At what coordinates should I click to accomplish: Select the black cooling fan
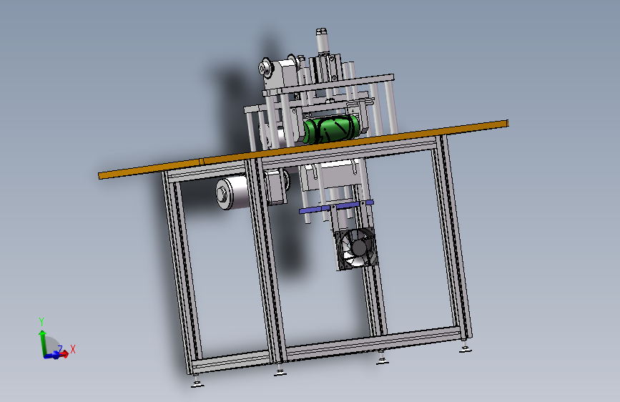[x=356, y=249]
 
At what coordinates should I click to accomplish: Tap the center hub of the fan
[x=359, y=248]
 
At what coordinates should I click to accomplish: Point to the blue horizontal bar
[x=336, y=207]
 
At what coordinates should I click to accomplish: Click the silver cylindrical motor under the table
[x=233, y=192]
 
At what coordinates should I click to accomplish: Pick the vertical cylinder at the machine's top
[x=322, y=41]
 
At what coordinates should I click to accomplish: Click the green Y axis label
[x=41, y=322]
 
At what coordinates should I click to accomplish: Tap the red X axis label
[x=73, y=349]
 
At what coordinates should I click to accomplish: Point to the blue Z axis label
[x=60, y=349]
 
